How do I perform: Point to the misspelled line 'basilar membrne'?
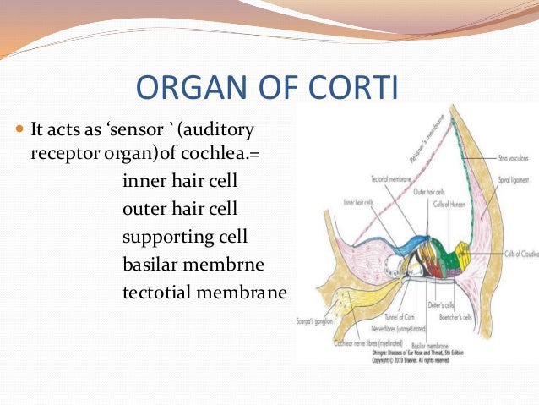[193, 265]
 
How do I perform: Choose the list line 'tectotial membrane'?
[204, 293]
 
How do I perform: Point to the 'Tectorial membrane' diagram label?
[389, 179]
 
